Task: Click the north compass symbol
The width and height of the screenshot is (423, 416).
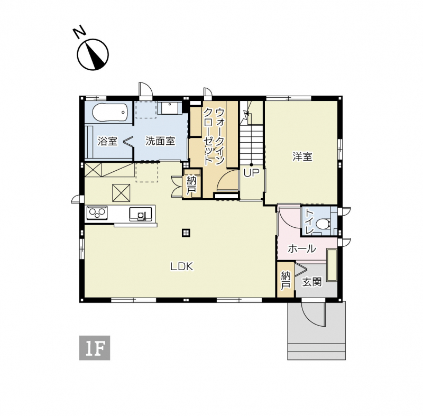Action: point(93,55)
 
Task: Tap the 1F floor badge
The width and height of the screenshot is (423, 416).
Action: point(95,348)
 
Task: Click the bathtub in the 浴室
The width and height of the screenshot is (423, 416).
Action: point(109,113)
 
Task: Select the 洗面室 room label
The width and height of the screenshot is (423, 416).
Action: point(160,141)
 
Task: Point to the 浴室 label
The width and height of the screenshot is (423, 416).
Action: point(107,141)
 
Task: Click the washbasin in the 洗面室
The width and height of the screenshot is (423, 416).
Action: point(170,108)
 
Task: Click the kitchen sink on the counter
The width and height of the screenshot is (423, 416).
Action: point(140,214)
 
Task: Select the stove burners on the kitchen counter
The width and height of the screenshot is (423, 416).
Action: point(97,212)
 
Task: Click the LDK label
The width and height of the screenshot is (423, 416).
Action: point(182,266)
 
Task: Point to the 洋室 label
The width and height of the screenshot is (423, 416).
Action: point(302,156)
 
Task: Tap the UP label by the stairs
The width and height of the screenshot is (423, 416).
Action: point(251,173)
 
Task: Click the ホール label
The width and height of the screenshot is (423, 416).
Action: point(302,248)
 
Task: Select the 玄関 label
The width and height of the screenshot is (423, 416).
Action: point(312,282)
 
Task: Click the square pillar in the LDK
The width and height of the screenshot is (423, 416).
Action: point(186,233)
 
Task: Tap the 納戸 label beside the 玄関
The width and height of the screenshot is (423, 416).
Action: point(286,281)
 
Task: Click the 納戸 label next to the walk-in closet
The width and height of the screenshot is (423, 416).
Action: point(191,185)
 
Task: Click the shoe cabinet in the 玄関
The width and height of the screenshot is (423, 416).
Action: point(332,265)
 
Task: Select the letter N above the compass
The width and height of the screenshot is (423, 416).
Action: point(80,32)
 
